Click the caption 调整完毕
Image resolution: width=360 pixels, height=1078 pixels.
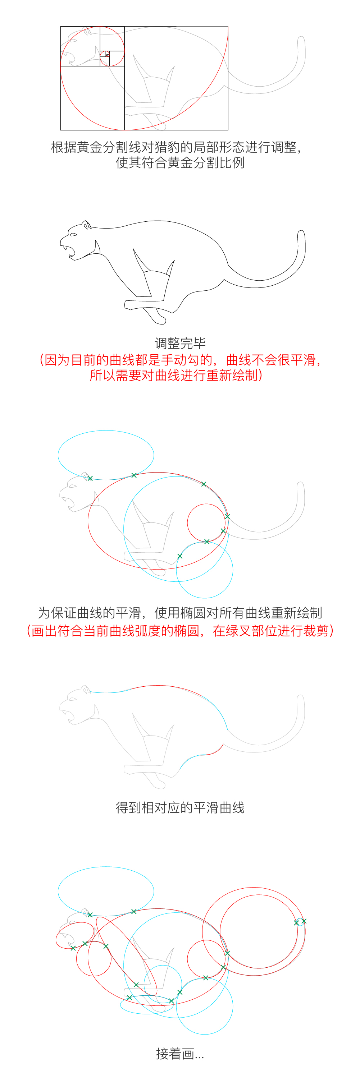click(x=180, y=343)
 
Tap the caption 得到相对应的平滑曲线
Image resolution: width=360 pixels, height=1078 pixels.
click(x=180, y=807)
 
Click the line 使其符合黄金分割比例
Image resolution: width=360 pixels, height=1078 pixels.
click(x=180, y=162)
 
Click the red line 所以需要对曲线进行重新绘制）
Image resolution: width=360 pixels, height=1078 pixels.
click(x=176, y=375)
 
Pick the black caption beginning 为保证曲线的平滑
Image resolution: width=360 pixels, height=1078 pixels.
click(x=180, y=613)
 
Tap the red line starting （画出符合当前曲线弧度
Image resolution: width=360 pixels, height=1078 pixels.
click(x=180, y=630)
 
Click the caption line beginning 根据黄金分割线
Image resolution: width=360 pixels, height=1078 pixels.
click(x=177, y=147)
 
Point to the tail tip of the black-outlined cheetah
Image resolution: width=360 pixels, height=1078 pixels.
click(x=301, y=231)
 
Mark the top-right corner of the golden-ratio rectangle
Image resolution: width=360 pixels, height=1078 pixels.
click(x=228, y=27)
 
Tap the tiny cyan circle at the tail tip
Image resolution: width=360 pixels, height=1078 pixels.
click(x=300, y=922)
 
